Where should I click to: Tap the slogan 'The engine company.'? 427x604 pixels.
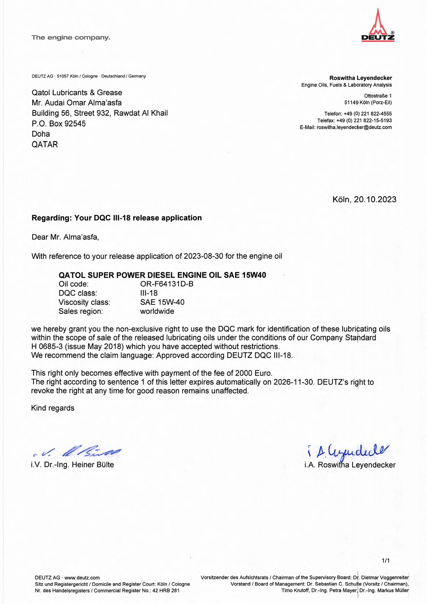[x=71, y=38]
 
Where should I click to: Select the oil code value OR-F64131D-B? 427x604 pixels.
[x=167, y=284]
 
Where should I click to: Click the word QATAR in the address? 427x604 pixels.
[x=45, y=144]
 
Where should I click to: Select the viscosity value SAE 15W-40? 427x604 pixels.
[x=162, y=302]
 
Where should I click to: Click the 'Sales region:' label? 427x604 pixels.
[x=81, y=311]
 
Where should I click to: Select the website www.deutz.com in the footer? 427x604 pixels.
[x=82, y=578]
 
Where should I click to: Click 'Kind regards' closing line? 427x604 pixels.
[x=53, y=408]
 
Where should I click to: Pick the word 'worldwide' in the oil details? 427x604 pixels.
[x=157, y=311]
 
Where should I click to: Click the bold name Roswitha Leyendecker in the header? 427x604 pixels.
[x=360, y=78]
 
